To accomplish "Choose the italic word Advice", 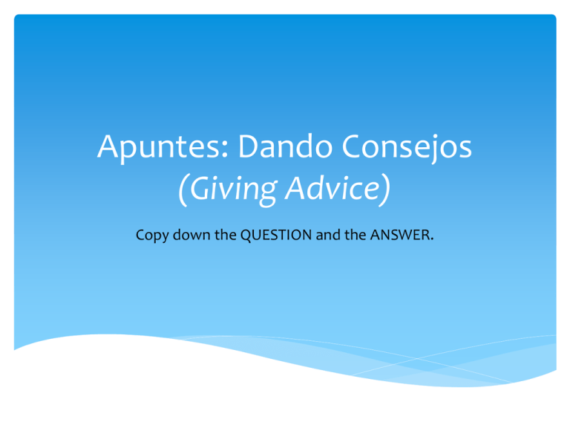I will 335,192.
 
